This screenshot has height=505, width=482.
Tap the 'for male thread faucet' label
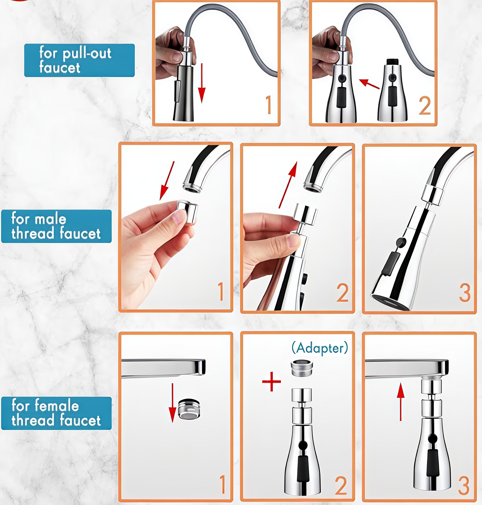(56, 226)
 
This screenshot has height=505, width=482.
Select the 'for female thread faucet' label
(56, 413)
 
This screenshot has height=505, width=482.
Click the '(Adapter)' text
(320, 348)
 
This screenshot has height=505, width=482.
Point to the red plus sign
(271, 382)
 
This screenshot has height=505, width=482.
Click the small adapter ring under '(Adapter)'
(302, 368)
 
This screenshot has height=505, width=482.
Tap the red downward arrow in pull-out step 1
(202, 83)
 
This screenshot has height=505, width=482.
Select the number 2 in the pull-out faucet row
(425, 106)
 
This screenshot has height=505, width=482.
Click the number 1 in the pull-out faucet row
(268, 105)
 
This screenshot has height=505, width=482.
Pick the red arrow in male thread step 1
(167, 181)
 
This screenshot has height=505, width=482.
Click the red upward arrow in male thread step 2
(288, 185)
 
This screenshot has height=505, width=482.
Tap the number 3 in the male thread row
(464, 292)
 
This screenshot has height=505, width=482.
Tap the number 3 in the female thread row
(464, 485)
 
